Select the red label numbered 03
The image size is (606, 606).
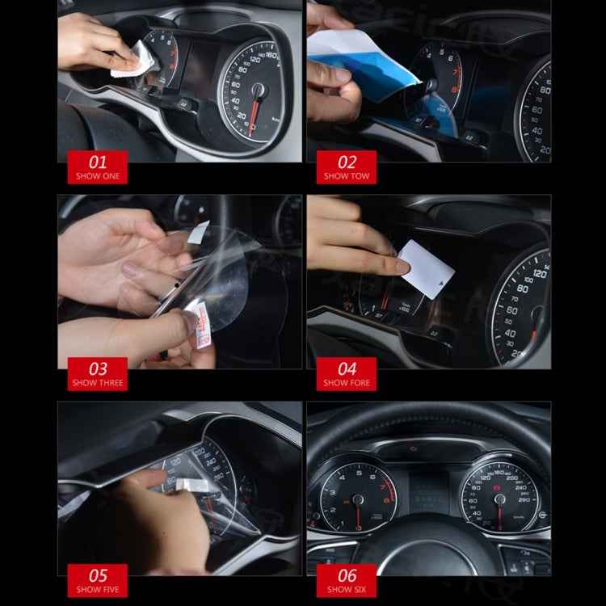(x=97, y=373)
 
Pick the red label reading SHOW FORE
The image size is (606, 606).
(x=347, y=374)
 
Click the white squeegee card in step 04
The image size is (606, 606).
(x=426, y=264)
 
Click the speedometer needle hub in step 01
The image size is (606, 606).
(x=259, y=90)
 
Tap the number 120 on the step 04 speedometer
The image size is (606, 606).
(x=539, y=272)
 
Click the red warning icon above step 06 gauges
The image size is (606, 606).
(x=413, y=448)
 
